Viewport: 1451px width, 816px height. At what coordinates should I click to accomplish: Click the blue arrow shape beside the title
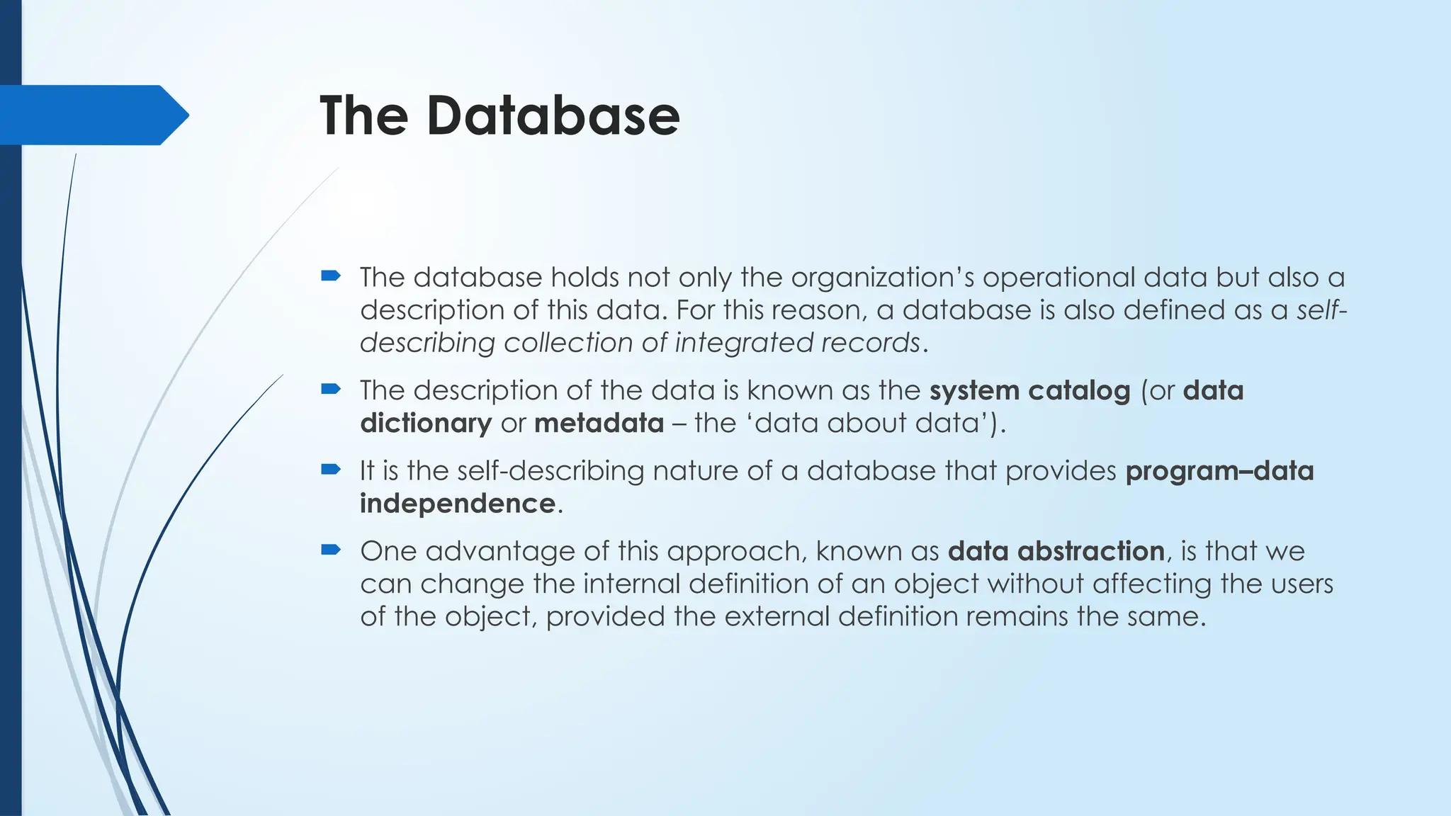(92, 115)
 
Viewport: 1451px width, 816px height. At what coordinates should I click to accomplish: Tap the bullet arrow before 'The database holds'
(331, 275)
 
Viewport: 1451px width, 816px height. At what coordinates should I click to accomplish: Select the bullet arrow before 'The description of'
(331, 388)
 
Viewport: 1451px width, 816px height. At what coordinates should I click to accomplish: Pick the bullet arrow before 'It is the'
(331, 469)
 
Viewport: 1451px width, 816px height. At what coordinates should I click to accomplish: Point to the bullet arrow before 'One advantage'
(331, 549)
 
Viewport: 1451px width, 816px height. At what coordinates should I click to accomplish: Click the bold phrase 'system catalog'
(1029, 390)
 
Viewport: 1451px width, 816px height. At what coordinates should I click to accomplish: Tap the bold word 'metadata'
(599, 423)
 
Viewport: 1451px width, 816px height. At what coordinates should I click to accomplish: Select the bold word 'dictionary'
(425, 423)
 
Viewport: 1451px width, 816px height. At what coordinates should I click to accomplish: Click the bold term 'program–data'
(1219, 471)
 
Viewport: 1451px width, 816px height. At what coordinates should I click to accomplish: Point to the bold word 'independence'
(457, 504)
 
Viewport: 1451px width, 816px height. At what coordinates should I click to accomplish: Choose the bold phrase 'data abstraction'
(1056, 551)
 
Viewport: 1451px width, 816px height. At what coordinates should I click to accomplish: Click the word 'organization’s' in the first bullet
(882, 278)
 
